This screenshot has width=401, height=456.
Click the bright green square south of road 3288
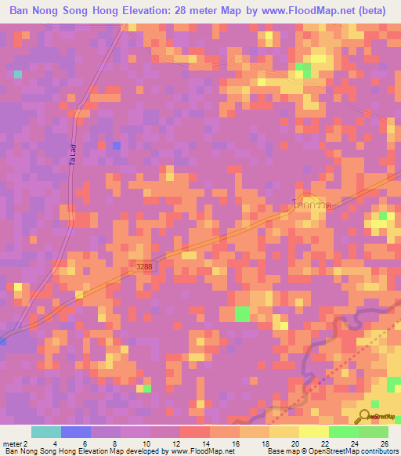243,314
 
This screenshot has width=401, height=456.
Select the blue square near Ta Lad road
117,146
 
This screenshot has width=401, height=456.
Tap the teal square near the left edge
17,74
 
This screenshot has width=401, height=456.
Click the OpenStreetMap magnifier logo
364,416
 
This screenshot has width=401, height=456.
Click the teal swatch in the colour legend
46,432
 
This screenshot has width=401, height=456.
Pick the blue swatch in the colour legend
76,432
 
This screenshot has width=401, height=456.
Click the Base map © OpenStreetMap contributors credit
331,451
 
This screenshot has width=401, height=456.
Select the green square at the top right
302,69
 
